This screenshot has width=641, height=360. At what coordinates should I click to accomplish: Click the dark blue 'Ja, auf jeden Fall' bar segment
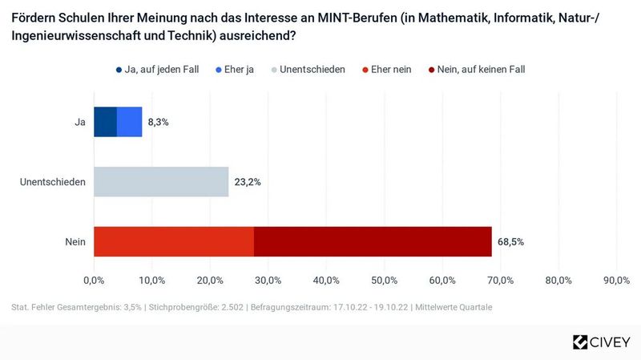[x=105, y=122]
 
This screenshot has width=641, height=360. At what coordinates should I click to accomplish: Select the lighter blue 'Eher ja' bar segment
[x=130, y=122]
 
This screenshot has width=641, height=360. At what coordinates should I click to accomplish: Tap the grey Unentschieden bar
[x=161, y=182]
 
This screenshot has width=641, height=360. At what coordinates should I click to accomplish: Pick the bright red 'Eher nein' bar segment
[x=174, y=241]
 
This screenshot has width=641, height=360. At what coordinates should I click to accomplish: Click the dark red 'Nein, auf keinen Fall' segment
[x=373, y=241]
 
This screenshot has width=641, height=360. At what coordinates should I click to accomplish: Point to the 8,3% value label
[x=158, y=122]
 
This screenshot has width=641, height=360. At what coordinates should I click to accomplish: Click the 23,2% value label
[x=248, y=182]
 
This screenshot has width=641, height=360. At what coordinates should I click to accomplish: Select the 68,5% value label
[x=510, y=241]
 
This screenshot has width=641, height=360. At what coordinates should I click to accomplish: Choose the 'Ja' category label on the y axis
[x=80, y=122]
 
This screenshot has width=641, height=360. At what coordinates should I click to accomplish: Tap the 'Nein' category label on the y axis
[x=76, y=241]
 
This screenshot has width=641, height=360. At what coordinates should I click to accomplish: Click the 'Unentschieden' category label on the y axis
[x=53, y=182]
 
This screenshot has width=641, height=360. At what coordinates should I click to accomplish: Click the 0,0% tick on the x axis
[x=94, y=280]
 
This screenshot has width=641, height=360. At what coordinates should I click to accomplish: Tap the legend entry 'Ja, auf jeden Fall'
[x=162, y=69]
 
